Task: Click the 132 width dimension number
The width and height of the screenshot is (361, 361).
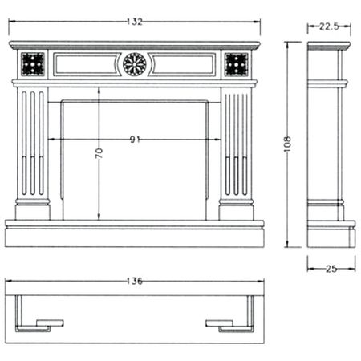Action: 135,22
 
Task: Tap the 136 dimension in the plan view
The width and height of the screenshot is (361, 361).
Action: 135,281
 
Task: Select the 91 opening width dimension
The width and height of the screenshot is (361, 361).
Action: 135,140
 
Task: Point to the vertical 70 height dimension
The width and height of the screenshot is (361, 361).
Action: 99,153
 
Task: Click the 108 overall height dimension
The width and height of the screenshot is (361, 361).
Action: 287,144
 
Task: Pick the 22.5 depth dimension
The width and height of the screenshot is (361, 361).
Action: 329,26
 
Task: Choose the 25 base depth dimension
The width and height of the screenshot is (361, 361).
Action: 331,269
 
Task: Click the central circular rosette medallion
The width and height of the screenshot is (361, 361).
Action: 135,64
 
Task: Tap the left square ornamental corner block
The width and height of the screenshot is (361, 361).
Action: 33,64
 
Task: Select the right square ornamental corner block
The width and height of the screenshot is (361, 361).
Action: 237,64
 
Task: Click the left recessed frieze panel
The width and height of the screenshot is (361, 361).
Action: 87,64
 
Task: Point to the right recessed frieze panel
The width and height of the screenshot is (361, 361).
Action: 182,64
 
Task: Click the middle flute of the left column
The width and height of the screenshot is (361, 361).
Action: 33,143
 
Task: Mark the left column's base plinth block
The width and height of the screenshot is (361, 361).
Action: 32,213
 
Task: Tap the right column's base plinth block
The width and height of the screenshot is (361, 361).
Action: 236,213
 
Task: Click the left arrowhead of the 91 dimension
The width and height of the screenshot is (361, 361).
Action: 51,139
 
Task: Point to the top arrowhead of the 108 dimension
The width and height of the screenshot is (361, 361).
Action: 287,44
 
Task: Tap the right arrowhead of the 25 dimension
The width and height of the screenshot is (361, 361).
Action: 353,269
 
